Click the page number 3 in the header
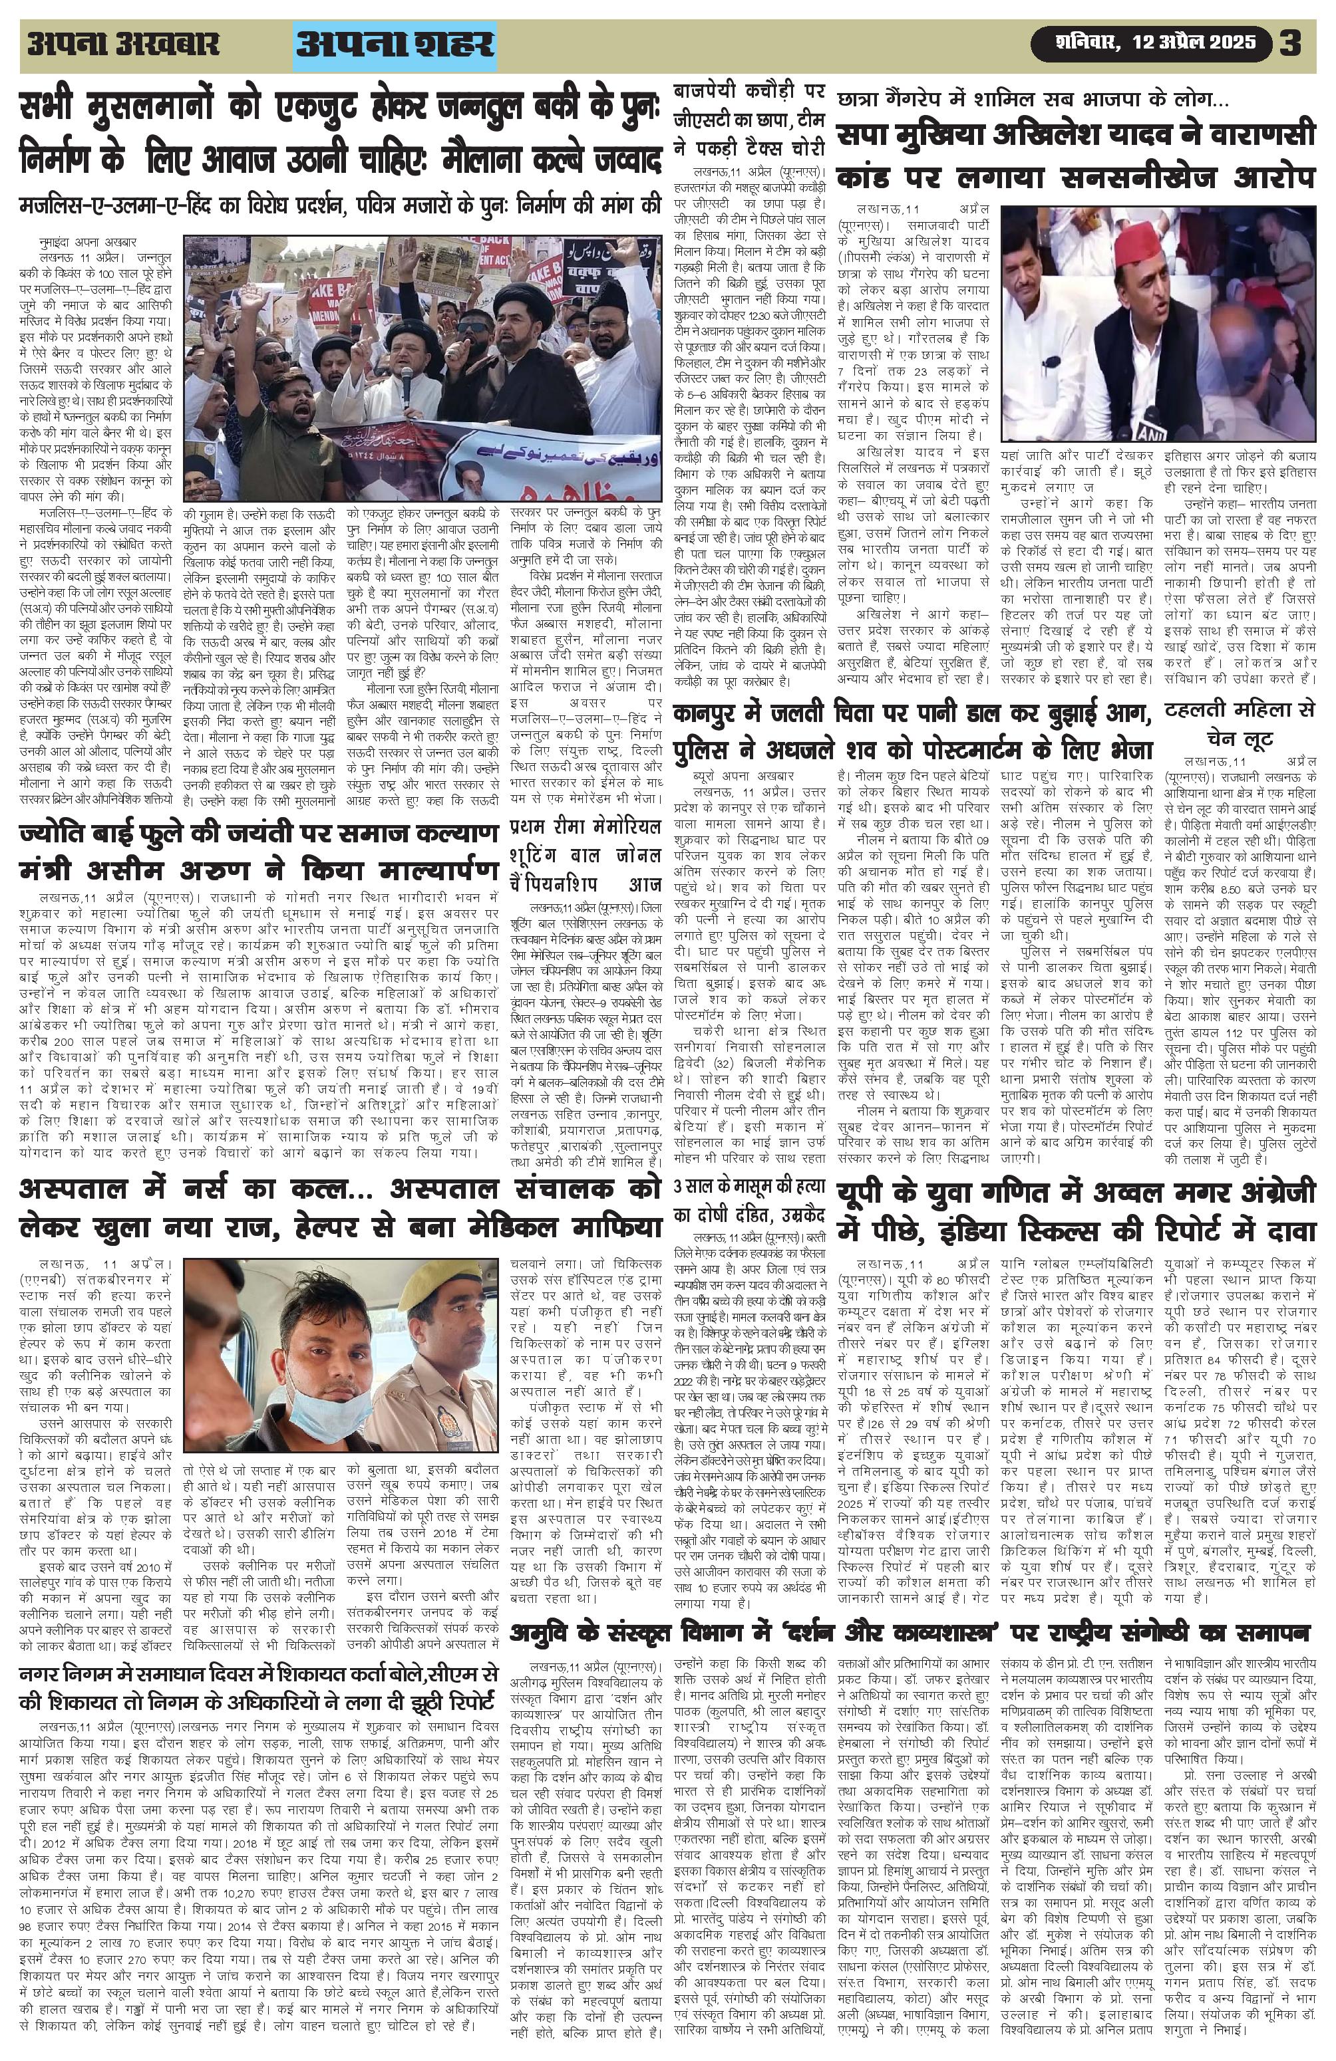[1291, 43]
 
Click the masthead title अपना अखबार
[123, 44]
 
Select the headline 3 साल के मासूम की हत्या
[749, 1199]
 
